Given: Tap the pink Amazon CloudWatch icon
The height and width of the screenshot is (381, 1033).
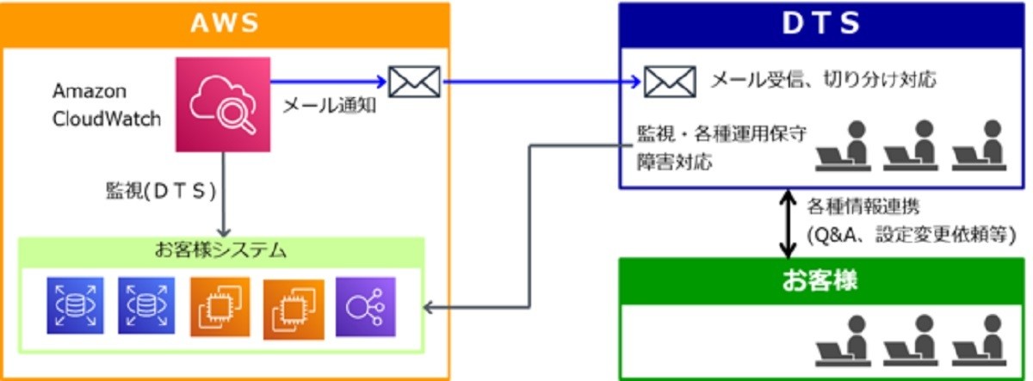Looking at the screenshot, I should click(223, 104).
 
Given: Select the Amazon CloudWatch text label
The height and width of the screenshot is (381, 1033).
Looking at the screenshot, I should click(107, 104).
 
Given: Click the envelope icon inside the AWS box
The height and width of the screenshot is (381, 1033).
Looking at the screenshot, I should click(414, 82).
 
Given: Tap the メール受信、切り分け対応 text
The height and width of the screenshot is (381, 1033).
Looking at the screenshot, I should click(822, 81).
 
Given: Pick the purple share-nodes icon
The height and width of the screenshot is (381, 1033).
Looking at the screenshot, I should click(365, 306).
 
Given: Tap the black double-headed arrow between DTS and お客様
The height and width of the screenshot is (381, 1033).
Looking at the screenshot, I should click(785, 224).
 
